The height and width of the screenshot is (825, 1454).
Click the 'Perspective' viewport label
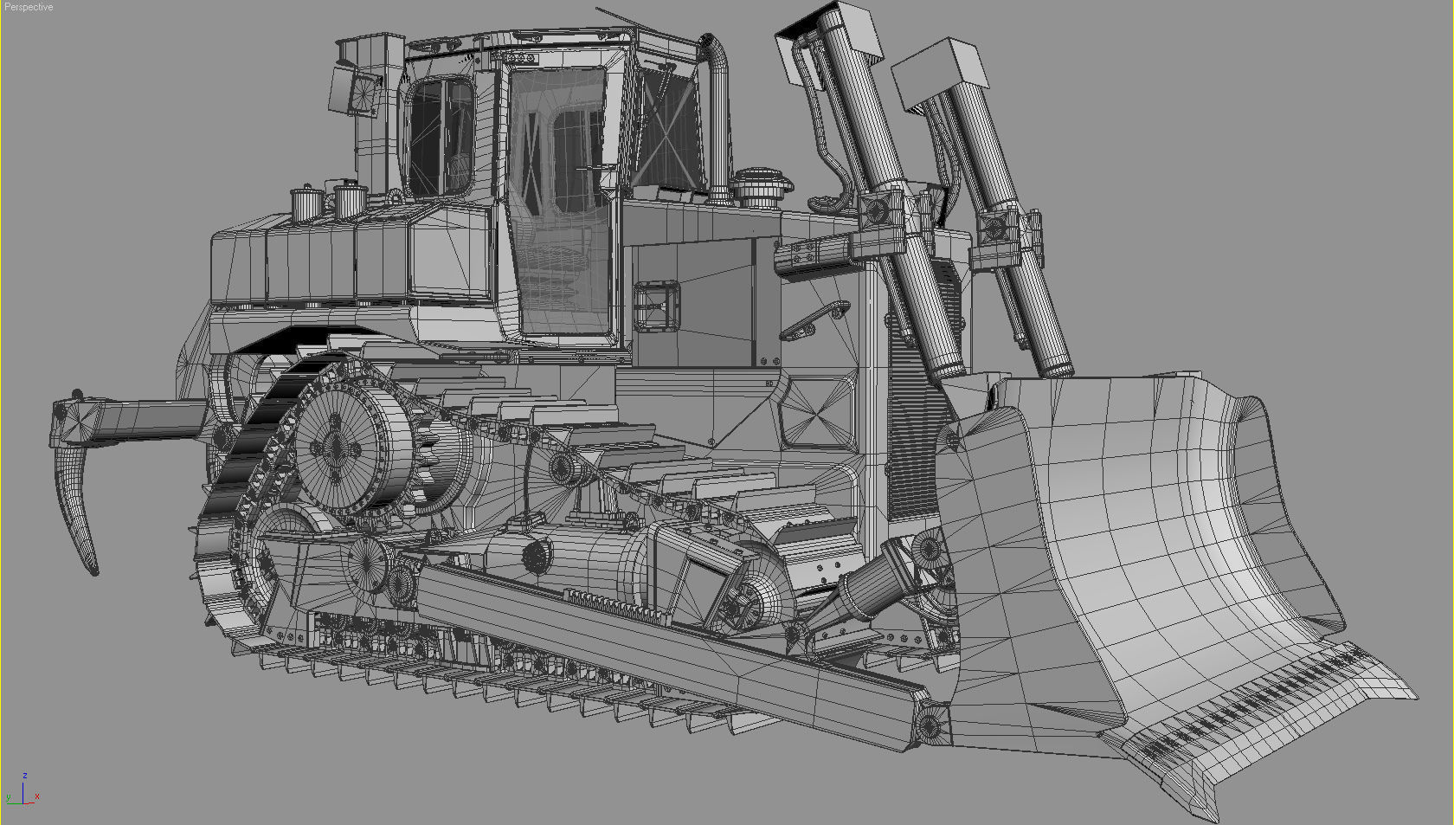(x=29, y=7)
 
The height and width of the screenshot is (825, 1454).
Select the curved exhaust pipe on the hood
(x=717, y=104)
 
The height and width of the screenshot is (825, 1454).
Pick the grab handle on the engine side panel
(x=814, y=318)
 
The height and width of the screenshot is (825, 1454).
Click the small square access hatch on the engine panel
(x=656, y=306)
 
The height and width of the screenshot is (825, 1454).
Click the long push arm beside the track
(x=658, y=641)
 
